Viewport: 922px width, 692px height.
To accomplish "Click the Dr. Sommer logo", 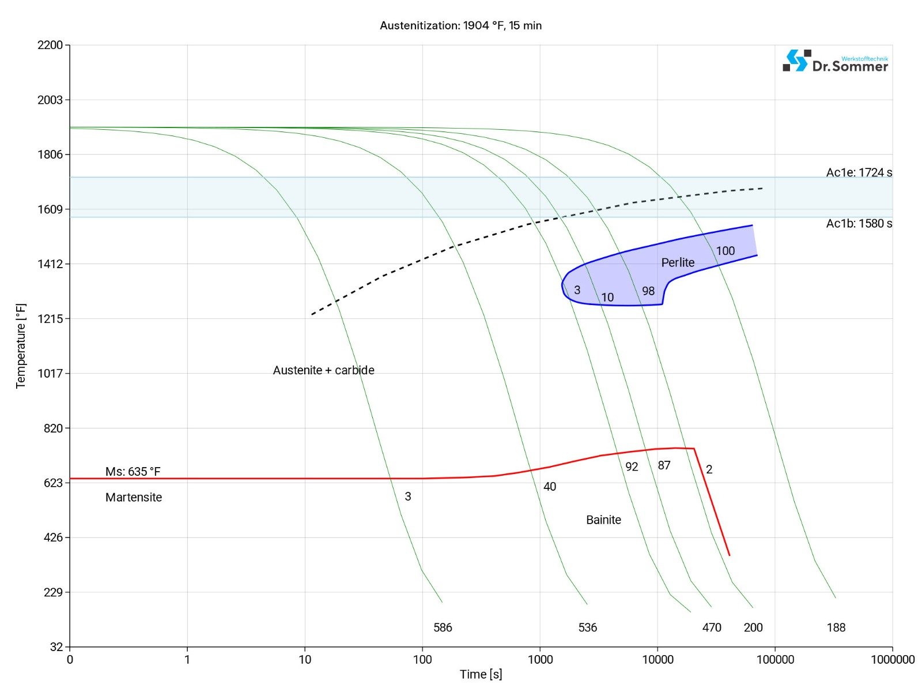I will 835,61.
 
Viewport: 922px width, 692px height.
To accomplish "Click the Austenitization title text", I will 460,25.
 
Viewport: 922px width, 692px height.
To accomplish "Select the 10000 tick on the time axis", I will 657,659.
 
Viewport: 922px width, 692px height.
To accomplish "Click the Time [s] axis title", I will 481,674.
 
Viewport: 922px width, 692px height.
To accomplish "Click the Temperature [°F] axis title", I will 21,346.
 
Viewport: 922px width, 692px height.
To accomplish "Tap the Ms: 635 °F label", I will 133,472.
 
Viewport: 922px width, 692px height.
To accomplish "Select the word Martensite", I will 134,497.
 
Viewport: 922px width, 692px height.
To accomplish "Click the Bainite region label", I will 603,520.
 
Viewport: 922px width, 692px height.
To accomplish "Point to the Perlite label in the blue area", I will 678,262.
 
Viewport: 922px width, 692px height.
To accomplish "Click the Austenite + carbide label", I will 323,370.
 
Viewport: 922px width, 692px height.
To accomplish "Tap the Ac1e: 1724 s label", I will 859,172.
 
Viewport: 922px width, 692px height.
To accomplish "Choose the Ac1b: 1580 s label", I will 859,224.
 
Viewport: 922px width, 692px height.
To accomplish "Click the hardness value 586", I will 443,627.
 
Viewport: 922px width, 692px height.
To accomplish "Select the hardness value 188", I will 836,627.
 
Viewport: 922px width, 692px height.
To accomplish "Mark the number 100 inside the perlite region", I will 725,251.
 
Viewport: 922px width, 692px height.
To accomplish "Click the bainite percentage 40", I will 550,487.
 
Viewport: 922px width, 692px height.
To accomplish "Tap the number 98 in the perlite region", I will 648,291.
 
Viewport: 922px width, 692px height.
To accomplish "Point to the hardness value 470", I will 712,627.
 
